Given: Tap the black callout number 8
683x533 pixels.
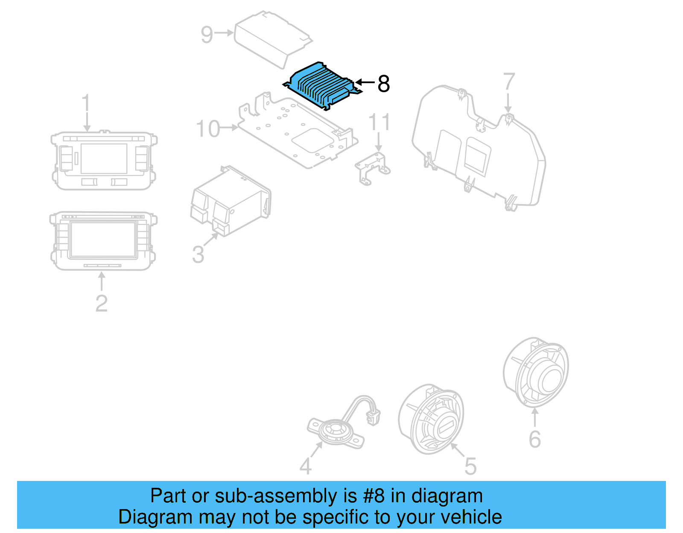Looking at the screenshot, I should (383, 84).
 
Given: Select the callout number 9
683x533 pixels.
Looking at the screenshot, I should (207, 34).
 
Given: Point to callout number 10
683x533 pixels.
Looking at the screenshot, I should (207, 128).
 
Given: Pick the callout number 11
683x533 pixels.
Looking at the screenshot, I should (379, 122).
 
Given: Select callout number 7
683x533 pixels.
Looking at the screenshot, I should (509, 82).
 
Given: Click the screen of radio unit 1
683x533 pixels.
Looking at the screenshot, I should (104, 158).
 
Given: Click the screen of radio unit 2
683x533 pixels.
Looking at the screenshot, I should (103, 239).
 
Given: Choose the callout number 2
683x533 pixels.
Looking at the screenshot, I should (101, 303).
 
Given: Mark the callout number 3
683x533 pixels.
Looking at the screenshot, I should (198, 254).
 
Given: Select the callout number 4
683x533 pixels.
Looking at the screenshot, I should (305, 466).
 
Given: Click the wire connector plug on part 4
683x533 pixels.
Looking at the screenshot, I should (374, 416).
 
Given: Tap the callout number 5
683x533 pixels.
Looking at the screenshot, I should (470, 466).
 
